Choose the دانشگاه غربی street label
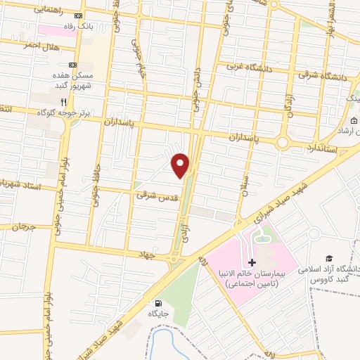[x=250, y=67]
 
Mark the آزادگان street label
[x=288, y=106]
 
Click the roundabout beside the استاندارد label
[x=283, y=141]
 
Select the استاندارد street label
[x=323, y=148]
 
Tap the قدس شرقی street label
[x=153, y=197]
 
